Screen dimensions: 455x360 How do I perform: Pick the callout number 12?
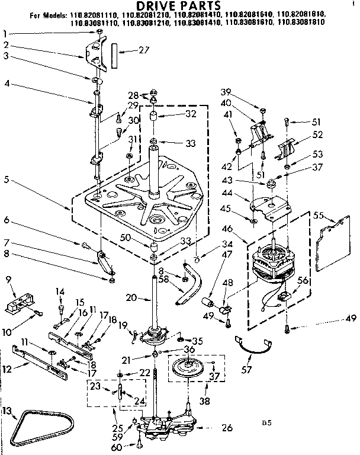7,369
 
